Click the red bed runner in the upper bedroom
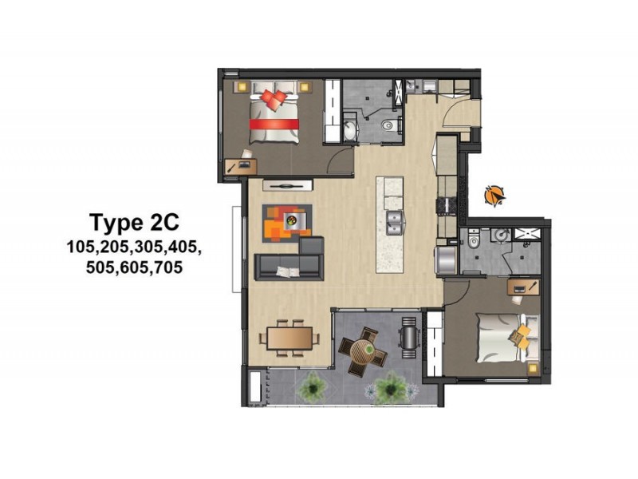[274, 124]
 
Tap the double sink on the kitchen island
[393, 220]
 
